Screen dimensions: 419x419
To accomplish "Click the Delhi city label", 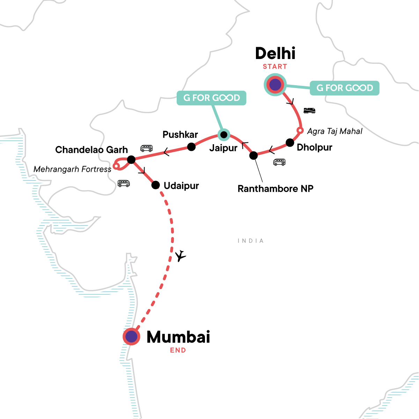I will [275, 53].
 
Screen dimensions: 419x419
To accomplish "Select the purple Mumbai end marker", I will [131, 337].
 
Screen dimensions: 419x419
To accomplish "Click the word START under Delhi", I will [275, 67].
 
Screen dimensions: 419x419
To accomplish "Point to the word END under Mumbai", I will [178, 350].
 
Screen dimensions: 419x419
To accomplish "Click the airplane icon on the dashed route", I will [180, 256].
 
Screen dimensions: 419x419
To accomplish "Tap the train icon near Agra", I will [309, 111].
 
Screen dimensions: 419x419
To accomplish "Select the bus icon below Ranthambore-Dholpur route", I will [279, 162].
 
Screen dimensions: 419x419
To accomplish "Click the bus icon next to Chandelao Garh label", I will [146, 148].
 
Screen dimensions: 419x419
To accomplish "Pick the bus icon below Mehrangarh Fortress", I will [124, 183].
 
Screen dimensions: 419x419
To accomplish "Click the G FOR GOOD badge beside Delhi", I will [344, 88].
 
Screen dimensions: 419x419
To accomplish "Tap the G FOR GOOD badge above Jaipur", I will [212, 98].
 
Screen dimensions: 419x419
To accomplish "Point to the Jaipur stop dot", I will [223, 134].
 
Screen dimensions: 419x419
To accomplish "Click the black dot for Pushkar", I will [191, 147].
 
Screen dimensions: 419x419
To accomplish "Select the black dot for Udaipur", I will [155, 185].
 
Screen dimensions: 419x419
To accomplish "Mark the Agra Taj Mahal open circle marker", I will [299, 131].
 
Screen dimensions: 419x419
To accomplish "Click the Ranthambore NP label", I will [275, 189].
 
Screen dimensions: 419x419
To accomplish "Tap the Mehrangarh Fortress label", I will [72, 169].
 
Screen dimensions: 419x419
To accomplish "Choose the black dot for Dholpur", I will [290, 142].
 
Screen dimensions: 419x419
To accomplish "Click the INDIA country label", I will [250, 241].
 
